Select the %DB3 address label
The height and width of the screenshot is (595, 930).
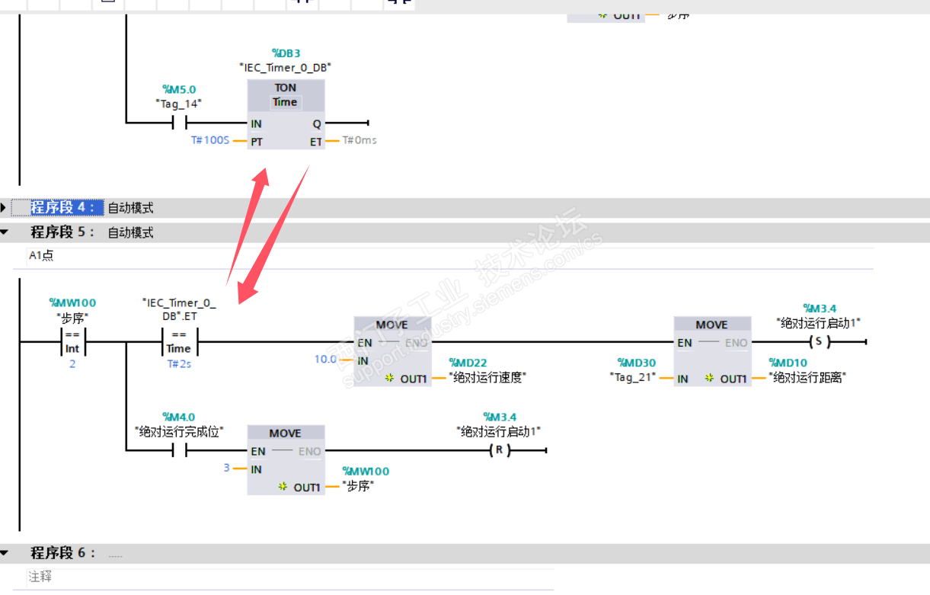click(x=286, y=53)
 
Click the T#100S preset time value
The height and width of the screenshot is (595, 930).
click(x=210, y=141)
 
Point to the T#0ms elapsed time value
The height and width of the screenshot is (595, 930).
click(x=359, y=140)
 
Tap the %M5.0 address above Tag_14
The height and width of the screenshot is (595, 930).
click(x=179, y=90)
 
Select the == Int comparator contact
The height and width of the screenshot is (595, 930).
click(x=72, y=341)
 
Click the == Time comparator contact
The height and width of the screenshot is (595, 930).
click(x=179, y=341)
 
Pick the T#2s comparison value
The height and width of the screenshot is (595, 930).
click(x=179, y=364)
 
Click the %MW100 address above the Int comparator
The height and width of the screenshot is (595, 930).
click(x=72, y=303)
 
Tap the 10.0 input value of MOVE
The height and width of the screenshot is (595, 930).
click(x=325, y=359)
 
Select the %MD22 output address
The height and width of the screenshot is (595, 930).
click(x=468, y=363)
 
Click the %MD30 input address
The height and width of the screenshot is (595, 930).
click(x=636, y=363)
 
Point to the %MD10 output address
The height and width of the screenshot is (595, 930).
click(x=788, y=363)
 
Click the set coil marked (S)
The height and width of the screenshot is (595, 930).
click(x=819, y=342)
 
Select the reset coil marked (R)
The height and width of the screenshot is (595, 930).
click(x=499, y=450)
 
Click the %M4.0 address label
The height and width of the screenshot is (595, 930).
click(x=179, y=417)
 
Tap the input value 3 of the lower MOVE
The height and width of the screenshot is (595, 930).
click(x=226, y=467)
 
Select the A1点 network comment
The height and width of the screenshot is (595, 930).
click(x=41, y=256)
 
